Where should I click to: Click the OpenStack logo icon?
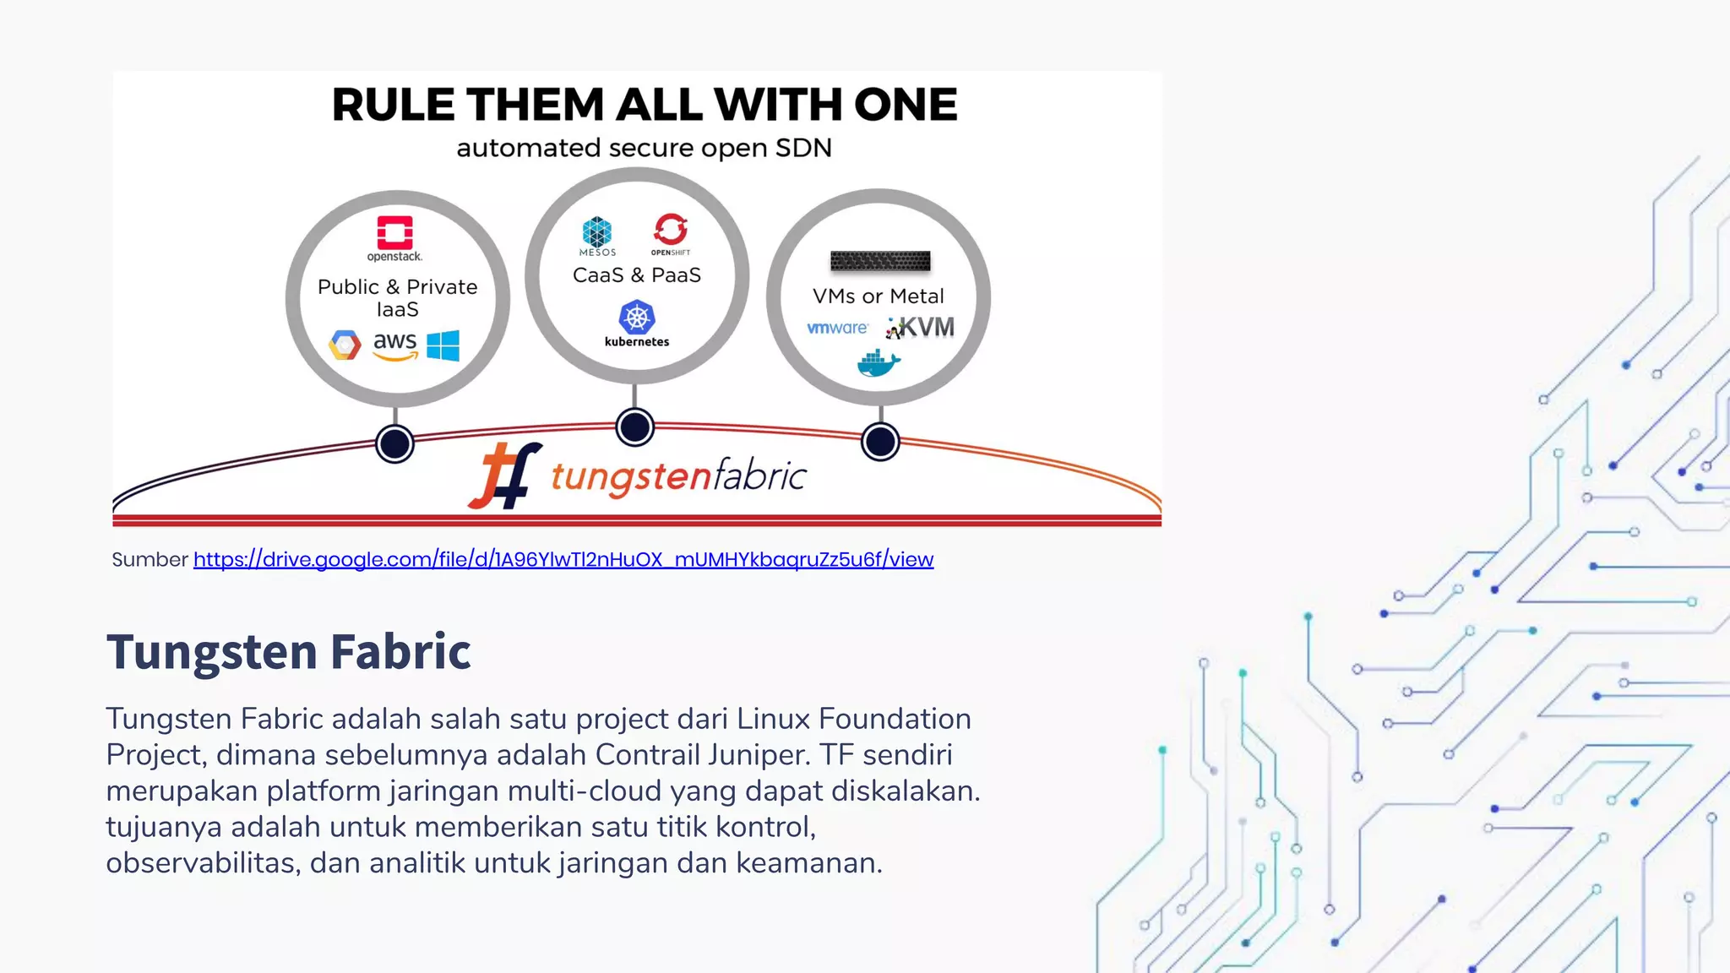pyautogui.click(x=394, y=233)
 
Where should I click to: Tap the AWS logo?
pyautogui.click(x=395, y=345)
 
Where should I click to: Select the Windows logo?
pyautogui.click(x=443, y=345)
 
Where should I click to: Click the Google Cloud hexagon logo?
pyautogui.click(x=345, y=345)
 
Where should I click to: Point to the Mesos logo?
pyautogui.click(x=597, y=233)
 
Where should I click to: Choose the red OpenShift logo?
pyautogui.click(x=671, y=230)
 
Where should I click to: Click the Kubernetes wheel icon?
pyautogui.click(x=637, y=318)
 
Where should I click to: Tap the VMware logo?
pyautogui.click(x=837, y=328)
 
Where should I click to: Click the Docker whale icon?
pyautogui.click(x=879, y=364)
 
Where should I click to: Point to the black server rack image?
pyautogui.click(x=880, y=261)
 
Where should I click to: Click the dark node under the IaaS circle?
pyautogui.click(x=394, y=443)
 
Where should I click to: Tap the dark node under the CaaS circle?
pyautogui.click(x=635, y=427)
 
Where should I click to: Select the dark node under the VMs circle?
pyautogui.click(x=880, y=442)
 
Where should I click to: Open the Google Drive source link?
pyautogui.click(x=563, y=559)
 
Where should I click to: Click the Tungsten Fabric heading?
pyautogui.click(x=288, y=651)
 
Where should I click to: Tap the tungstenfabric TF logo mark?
pyautogui.click(x=505, y=476)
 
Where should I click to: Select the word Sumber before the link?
pyautogui.click(x=150, y=559)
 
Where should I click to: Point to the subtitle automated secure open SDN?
pyautogui.click(x=644, y=148)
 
